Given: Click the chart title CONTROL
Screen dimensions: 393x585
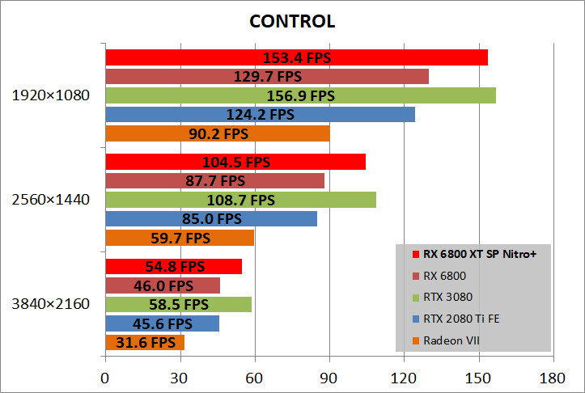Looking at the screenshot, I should pyautogui.click(x=292, y=20).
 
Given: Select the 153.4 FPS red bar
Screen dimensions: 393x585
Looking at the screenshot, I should pyautogui.click(x=296, y=57).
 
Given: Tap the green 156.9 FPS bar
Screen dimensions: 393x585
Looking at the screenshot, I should pyautogui.click(x=300, y=95).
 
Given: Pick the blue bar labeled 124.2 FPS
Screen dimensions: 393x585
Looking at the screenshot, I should pyautogui.click(x=260, y=114).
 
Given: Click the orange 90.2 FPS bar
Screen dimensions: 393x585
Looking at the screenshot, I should pyautogui.click(x=217, y=133).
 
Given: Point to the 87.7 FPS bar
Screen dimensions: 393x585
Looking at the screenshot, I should pyautogui.click(x=214, y=180).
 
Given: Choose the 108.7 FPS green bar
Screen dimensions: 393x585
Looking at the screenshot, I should pyautogui.click(x=240, y=199).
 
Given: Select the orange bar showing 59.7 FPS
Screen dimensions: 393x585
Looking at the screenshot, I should pyautogui.click(x=180, y=238).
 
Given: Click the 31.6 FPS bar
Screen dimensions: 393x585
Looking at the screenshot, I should pyautogui.click(x=145, y=343).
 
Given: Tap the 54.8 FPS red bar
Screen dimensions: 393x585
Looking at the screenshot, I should pyautogui.click(x=173, y=266).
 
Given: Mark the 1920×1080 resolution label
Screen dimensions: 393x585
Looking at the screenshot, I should pyautogui.click(x=51, y=95).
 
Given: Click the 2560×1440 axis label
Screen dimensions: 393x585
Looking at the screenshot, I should pyautogui.click(x=51, y=199).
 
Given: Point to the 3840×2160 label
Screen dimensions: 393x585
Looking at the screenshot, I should pyautogui.click(x=51, y=304).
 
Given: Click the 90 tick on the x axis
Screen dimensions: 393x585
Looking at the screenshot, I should pyautogui.click(x=329, y=378).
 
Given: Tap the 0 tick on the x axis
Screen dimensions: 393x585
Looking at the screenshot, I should pyautogui.click(x=105, y=378).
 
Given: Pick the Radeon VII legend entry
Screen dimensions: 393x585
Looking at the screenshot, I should pyautogui.click(x=451, y=340).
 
